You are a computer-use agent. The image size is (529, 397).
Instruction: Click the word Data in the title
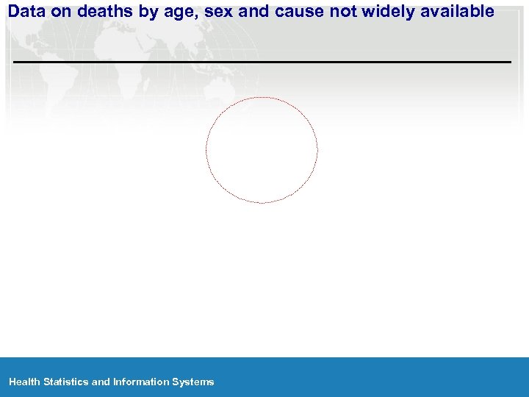coord(27,11)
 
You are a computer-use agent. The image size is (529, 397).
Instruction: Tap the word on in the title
coord(60,11)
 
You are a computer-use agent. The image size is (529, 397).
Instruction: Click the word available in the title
coord(457,11)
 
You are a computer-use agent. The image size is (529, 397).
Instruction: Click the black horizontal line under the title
coord(262,62)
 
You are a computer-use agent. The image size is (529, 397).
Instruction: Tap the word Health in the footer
coord(25,382)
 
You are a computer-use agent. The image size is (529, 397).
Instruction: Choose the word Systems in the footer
coord(193,382)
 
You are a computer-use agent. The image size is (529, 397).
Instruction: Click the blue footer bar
coord(367,376)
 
